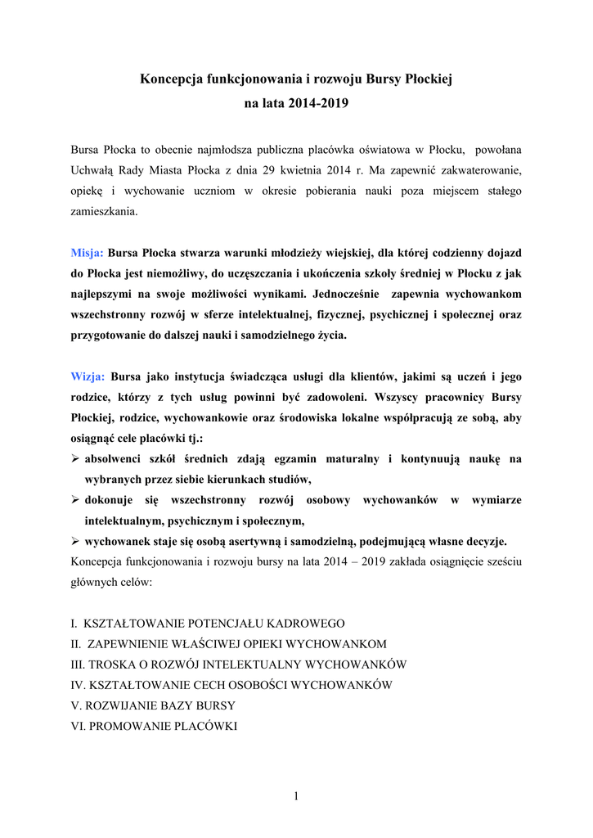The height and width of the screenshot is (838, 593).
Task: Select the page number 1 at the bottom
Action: pyautogui.click(x=296, y=796)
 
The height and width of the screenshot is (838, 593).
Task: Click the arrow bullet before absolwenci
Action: pyautogui.click(x=76, y=459)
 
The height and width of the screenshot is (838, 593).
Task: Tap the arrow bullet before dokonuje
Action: pyautogui.click(x=76, y=500)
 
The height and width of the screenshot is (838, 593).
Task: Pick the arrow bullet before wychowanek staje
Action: pyautogui.click(x=76, y=541)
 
